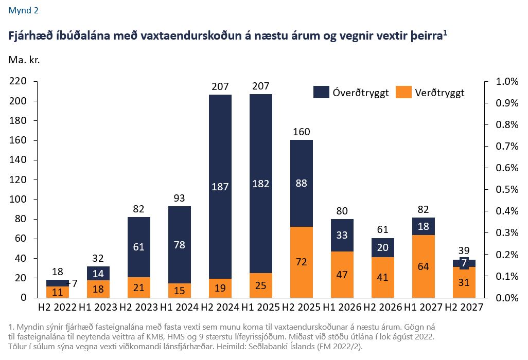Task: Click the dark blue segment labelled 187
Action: [x=220, y=186]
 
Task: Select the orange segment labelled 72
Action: [x=302, y=262]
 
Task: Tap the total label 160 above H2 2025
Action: [x=302, y=132]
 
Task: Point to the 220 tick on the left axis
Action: [x=19, y=82]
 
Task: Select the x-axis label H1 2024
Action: [x=180, y=308]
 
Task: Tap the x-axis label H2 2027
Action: [x=464, y=308]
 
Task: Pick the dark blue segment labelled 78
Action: [x=180, y=245]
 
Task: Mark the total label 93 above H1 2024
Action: [x=180, y=198]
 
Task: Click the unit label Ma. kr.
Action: [x=24, y=59]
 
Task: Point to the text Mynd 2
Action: [x=23, y=10]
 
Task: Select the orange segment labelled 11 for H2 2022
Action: [x=58, y=292]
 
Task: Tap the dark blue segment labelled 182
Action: [x=261, y=183]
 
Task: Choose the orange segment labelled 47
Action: [x=342, y=274]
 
